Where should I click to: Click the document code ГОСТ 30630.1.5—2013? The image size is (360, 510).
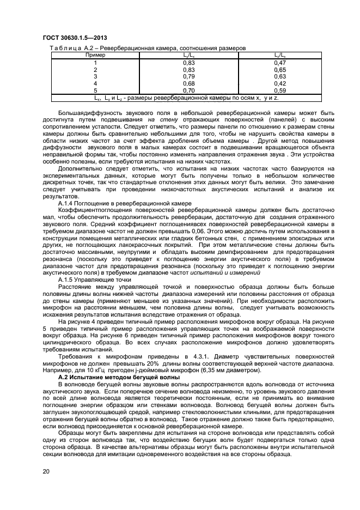pos(74,37)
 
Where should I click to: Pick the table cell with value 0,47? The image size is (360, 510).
pos(280,63)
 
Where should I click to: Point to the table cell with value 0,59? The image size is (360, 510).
pos(280,90)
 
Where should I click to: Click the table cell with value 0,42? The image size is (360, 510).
pos(280,83)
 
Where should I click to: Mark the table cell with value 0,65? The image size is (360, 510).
pos(280,70)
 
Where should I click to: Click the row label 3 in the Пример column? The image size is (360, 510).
pos(95,77)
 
